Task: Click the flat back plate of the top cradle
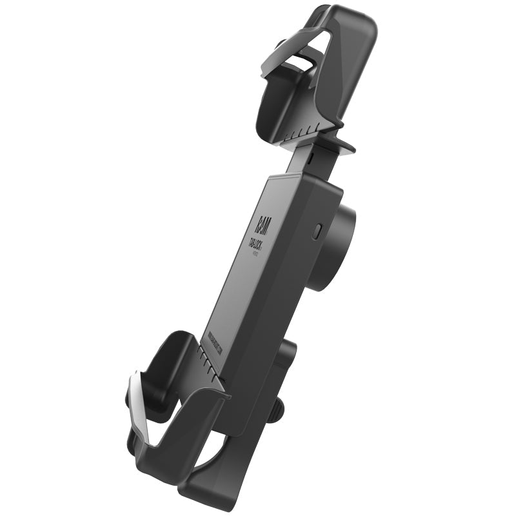pos(352,58)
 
